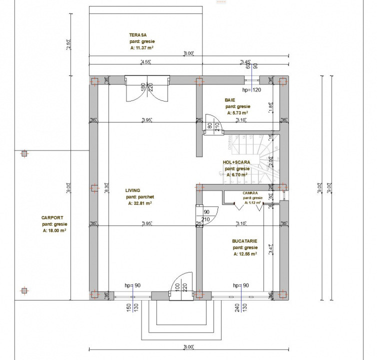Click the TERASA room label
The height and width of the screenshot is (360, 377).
(x=137, y=35)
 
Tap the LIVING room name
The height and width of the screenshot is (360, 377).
(x=132, y=190)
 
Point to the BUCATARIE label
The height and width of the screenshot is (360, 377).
(x=244, y=240)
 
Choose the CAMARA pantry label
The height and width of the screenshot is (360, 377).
(x=250, y=192)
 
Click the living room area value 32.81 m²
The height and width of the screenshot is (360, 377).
(x=139, y=203)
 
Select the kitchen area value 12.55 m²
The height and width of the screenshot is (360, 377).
(x=245, y=254)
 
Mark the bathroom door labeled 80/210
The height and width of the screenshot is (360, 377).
(x=212, y=125)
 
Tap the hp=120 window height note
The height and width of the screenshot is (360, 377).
(x=251, y=90)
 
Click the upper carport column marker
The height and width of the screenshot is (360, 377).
(x=24, y=154)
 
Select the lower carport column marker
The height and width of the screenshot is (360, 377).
(x=24, y=290)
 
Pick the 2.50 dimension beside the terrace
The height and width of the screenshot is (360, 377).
(x=69, y=44)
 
